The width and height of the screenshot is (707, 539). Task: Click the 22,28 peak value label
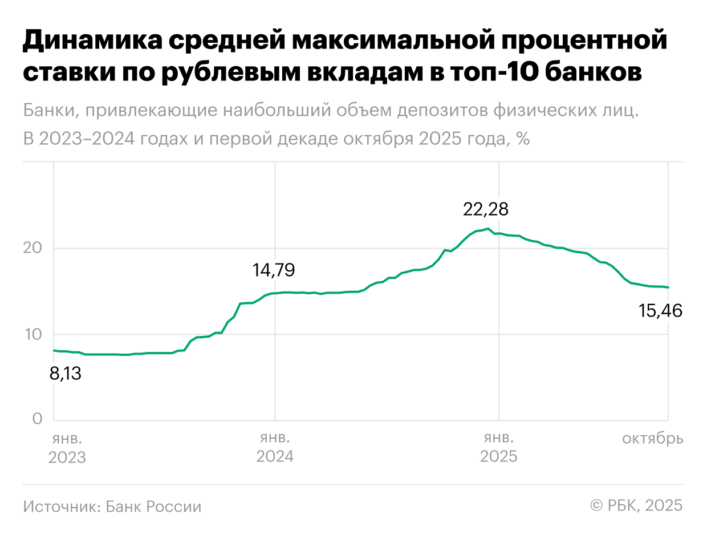point(485,209)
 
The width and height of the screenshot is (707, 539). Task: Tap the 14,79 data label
point(274,270)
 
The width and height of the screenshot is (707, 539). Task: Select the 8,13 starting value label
point(66,374)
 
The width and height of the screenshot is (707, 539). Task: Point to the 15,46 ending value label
point(660,311)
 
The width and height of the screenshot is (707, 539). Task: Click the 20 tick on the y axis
point(34,248)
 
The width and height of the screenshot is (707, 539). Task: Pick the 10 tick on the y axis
point(34,334)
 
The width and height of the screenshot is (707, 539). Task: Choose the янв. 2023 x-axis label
point(67,448)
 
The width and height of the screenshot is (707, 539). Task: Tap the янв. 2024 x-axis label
point(275,448)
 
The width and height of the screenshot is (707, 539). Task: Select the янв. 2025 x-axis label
point(499,448)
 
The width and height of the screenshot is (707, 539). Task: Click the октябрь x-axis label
point(652,439)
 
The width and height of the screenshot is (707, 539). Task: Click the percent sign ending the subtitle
point(523,139)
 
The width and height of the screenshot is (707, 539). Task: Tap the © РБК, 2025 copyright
point(636,506)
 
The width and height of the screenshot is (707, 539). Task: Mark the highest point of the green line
point(488,229)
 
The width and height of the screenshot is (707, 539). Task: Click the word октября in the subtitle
point(374,139)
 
